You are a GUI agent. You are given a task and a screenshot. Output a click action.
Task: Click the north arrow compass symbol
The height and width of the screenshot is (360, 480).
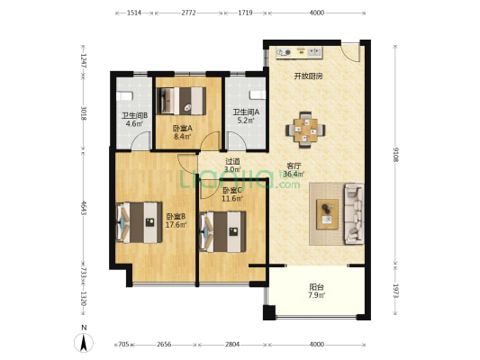coord(84,343)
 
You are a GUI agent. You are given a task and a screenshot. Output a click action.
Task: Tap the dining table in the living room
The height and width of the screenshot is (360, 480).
coord(305,130)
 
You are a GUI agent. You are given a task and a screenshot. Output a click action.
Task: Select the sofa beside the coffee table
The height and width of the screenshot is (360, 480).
coord(354,213)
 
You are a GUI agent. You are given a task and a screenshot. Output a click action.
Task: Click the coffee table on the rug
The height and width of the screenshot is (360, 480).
coord(327,214)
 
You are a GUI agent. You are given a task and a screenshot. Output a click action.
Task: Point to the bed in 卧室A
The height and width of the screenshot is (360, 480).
coord(181,101)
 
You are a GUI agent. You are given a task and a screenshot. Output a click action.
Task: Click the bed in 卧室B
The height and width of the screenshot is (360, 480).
coord(140,222)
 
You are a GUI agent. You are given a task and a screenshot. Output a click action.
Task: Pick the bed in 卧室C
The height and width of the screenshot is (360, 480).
coord(222,232)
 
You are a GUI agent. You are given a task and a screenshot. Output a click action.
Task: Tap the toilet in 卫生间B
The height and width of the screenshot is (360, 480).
coord(124,95)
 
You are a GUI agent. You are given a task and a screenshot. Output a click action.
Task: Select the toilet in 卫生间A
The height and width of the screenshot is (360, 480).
coord(258,94)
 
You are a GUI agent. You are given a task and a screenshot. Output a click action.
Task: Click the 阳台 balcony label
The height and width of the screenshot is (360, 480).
coord(316,287)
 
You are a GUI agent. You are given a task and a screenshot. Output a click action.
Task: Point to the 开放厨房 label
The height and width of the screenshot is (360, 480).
coord(308,76)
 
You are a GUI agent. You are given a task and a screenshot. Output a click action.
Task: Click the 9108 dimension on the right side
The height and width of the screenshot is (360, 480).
coord(396,155)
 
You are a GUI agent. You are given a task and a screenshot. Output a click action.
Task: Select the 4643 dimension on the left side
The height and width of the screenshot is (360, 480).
coord(83,207)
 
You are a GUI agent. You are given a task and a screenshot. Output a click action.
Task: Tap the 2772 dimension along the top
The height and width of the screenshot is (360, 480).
coord(188,13)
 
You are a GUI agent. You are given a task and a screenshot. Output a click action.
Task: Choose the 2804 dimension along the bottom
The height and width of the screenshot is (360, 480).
coord(232,345)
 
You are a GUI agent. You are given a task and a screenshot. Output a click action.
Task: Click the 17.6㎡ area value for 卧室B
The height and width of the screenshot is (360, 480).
coord(176,225)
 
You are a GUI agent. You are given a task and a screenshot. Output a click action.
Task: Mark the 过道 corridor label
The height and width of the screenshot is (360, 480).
coord(232,161)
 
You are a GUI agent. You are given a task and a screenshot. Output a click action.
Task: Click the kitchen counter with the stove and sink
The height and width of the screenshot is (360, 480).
coord(299,52)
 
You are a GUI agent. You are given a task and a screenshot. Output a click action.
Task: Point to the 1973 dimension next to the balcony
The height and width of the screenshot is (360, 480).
coord(396,291)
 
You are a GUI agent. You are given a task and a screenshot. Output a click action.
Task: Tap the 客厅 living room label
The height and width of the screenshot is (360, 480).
coord(294,166)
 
